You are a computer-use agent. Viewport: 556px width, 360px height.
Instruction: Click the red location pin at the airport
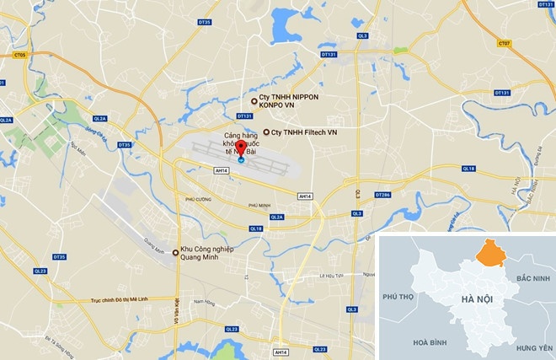(x=240, y=148)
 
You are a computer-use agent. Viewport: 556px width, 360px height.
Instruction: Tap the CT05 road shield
(x=19, y=56)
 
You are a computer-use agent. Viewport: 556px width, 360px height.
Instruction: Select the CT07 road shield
(x=504, y=43)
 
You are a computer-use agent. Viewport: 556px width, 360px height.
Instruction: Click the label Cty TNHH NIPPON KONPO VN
(x=291, y=105)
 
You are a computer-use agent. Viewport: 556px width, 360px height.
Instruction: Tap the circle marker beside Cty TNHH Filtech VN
(x=266, y=132)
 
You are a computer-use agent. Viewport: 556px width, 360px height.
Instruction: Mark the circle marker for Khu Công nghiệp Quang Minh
(x=174, y=252)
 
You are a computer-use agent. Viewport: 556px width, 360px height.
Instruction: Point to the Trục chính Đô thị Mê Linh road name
(x=126, y=301)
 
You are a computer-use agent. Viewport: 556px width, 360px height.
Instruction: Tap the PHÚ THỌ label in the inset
(x=400, y=297)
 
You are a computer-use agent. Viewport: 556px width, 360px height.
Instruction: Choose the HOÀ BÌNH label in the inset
(x=407, y=343)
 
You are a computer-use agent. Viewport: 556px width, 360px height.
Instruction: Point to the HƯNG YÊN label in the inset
(x=533, y=347)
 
